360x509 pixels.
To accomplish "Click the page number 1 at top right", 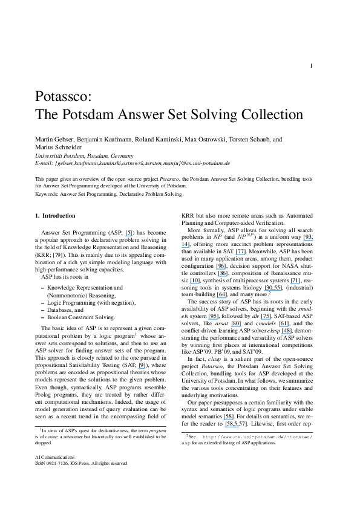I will coord(310,66).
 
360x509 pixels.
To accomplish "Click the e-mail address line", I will coord(133,163).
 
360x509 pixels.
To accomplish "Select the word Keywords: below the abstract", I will coord(47,195).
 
